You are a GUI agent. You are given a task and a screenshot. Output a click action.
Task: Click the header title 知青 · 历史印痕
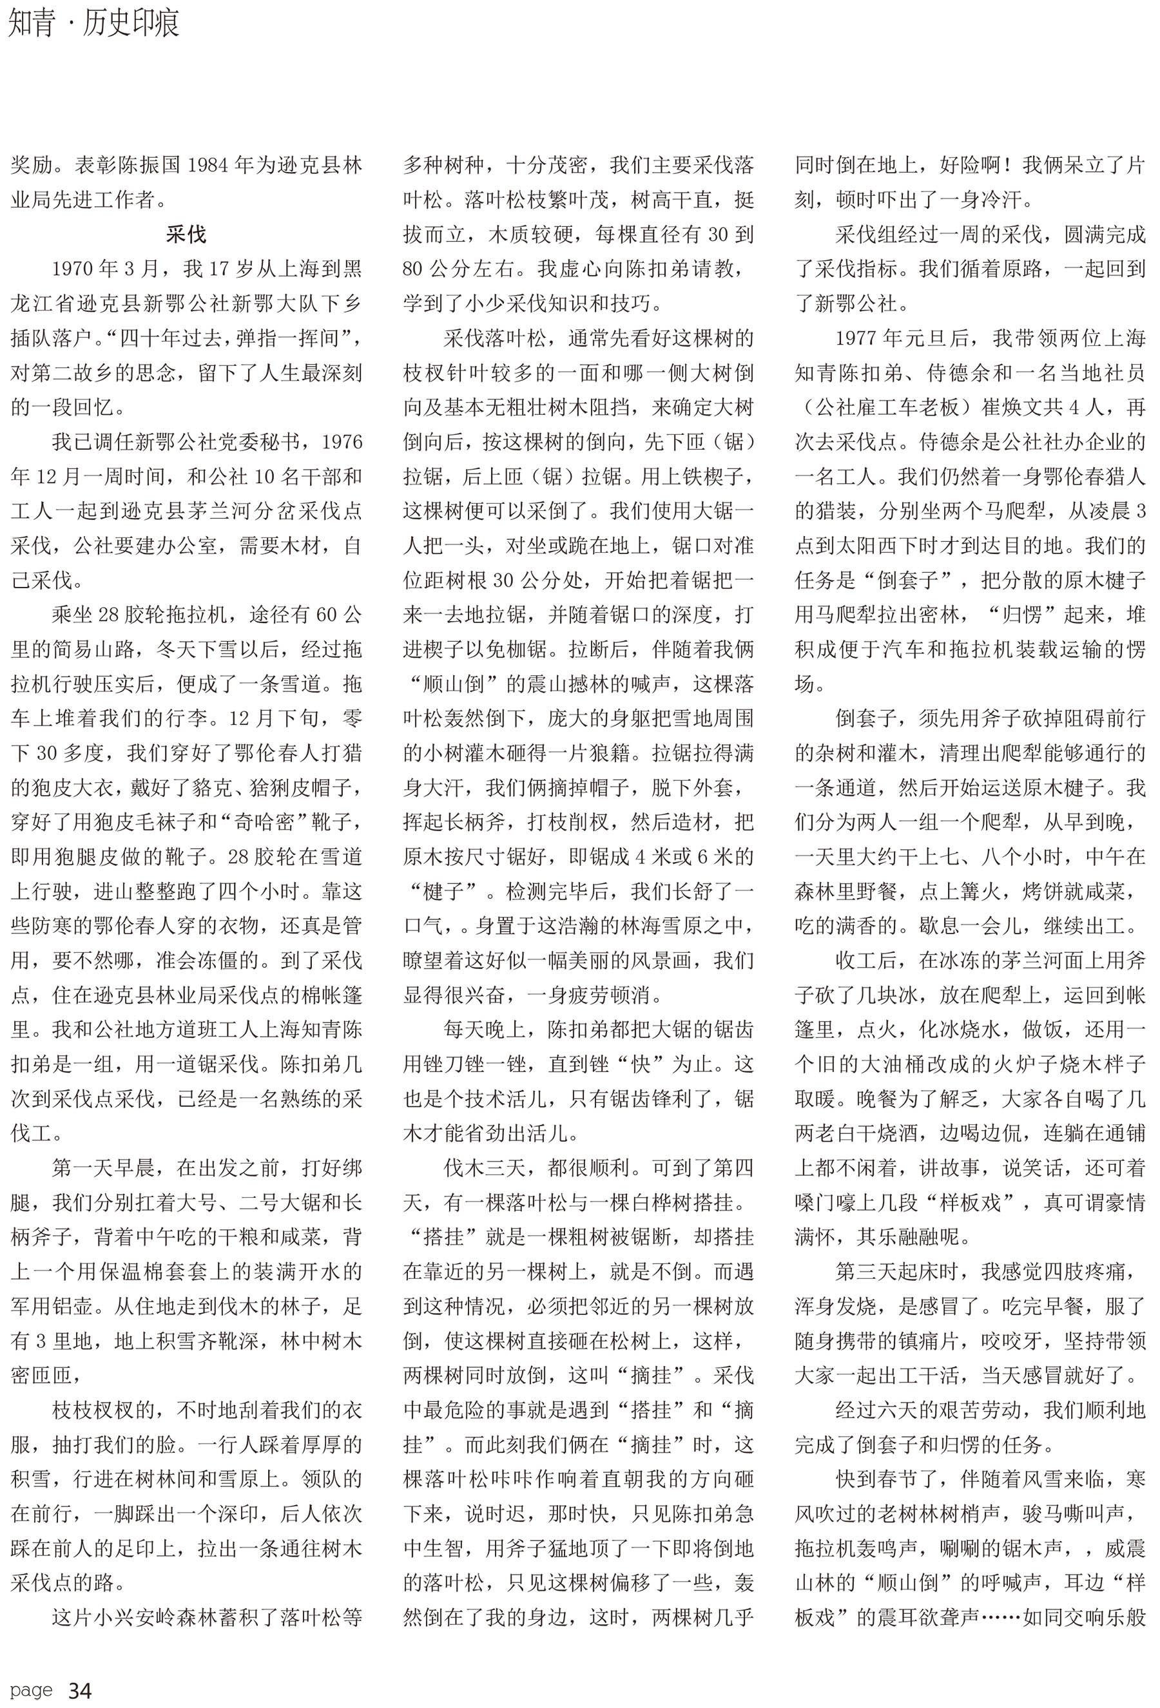pyautogui.click(x=94, y=24)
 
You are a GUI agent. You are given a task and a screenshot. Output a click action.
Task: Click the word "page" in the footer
pyautogui.click(x=32, y=1691)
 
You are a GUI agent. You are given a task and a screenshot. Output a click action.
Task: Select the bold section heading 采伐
pyautogui.click(x=186, y=235)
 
